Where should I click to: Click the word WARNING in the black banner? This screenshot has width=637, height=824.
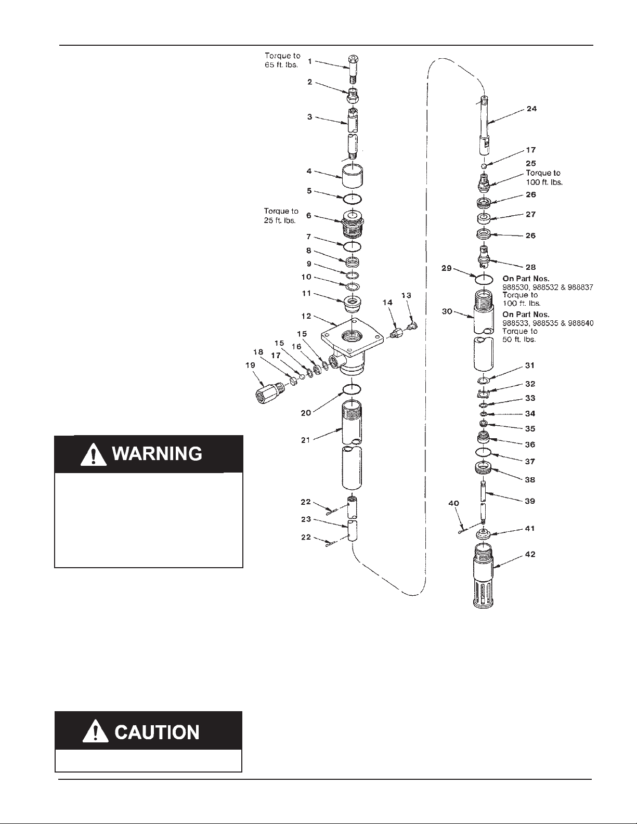point(158,453)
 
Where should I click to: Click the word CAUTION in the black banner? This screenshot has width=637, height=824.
point(157,732)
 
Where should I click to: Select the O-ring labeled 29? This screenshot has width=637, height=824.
point(484,280)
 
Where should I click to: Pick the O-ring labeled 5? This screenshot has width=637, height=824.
point(352,199)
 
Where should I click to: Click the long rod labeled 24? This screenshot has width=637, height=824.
point(484,125)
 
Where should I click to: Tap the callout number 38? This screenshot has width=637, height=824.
point(530,480)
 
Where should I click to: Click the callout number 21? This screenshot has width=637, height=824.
point(306,440)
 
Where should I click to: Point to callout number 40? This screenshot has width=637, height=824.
point(453,503)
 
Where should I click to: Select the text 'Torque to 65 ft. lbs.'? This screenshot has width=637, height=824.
point(282,60)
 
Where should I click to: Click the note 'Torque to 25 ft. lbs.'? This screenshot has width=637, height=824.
point(281,216)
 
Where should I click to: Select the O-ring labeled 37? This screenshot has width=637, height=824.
point(483,452)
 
